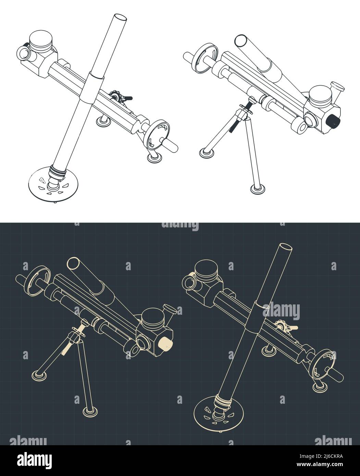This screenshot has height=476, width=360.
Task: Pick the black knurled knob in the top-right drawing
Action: pyautogui.click(x=332, y=121)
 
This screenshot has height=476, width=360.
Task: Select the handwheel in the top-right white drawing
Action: pyautogui.click(x=204, y=58)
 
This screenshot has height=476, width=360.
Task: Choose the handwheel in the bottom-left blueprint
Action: pyautogui.click(x=33, y=279)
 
